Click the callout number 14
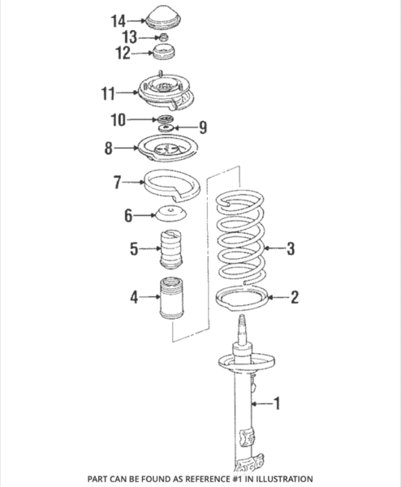119,19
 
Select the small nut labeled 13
162,38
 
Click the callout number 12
122,54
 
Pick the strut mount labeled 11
166,93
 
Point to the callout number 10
119,121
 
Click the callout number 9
203,127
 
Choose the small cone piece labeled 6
170,215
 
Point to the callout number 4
133,298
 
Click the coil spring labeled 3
240,243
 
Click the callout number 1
278,402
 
